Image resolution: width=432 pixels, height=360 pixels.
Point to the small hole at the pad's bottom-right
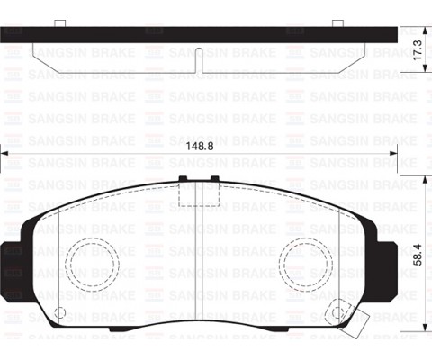(x=337, y=313)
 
